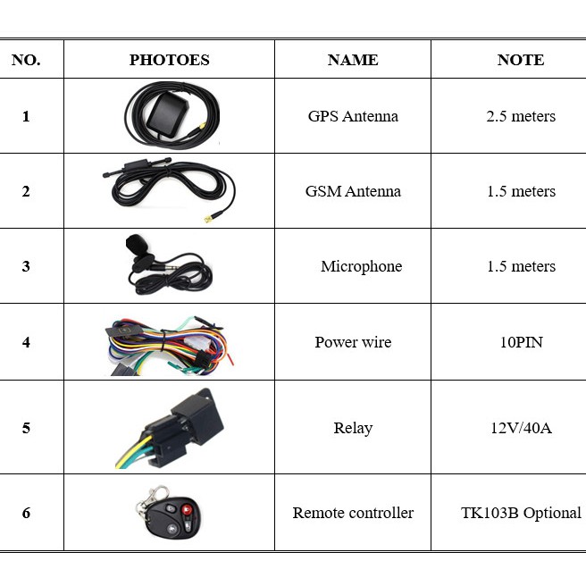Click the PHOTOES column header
pos(170,60)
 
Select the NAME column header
pos(353,60)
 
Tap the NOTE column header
pos(521,60)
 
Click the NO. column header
pos(26,60)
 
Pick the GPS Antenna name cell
pos(353,116)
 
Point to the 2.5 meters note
pos(521,116)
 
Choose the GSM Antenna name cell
pos(353,191)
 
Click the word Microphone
pos(362,266)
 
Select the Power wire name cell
pos(353,342)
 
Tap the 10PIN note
pos(521,342)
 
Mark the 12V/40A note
pos(521,428)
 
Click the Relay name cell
pos(353,428)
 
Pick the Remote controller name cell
pos(353,513)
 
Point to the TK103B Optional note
pos(521,513)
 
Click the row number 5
pos(26,428)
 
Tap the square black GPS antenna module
pos(167,114)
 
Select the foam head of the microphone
pos(135,243)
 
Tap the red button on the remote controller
pos(187,509)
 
